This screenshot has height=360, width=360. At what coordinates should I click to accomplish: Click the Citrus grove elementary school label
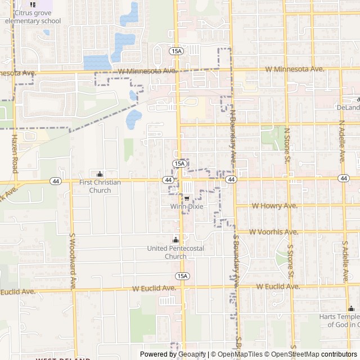click(33, 16)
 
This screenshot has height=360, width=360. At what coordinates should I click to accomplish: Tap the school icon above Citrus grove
click(32, 4)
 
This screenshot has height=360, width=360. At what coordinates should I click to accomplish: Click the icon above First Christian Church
click(100, 174)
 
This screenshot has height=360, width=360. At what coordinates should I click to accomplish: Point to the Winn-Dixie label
click(187, 206)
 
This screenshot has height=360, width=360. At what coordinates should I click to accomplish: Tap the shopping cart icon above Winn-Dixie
click(187, 199)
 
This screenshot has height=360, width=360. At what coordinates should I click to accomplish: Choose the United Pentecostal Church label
click(175, 252)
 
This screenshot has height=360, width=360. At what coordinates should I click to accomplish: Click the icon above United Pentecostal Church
click(175, 240)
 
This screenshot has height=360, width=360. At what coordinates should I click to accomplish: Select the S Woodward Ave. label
click(73, 262)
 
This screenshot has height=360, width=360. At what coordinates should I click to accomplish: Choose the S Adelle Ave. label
click(344, 262)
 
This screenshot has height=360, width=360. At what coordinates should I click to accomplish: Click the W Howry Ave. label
click(274, 206)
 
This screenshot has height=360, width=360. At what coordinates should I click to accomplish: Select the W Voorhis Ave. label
click(273, 232)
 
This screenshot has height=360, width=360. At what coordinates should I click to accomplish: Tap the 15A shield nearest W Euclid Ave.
click(182, 276)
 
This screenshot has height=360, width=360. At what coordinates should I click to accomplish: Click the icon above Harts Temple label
click(352, 308)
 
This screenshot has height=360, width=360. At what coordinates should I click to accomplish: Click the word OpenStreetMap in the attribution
click(295, 354)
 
